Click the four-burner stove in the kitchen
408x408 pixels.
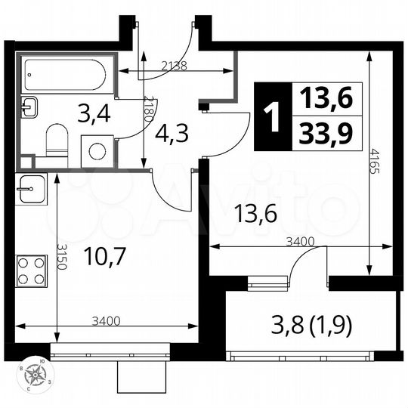(x=32, y=270)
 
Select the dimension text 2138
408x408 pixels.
(x=175, y=66)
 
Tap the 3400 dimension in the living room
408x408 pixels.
(x=300, y=242)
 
